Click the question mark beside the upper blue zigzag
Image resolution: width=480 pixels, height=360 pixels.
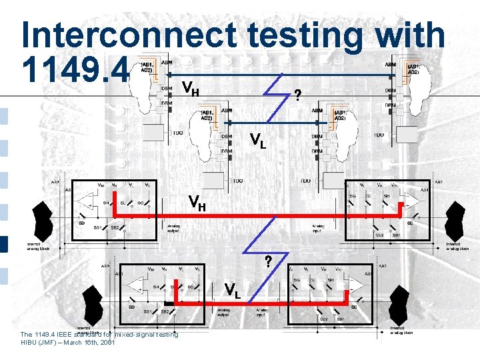297,95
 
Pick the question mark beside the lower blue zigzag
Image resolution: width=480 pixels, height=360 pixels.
268,261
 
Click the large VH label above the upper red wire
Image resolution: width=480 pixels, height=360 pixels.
197,201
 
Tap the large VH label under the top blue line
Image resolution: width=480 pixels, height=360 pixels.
191,87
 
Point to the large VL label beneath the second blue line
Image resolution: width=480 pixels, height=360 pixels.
258,140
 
